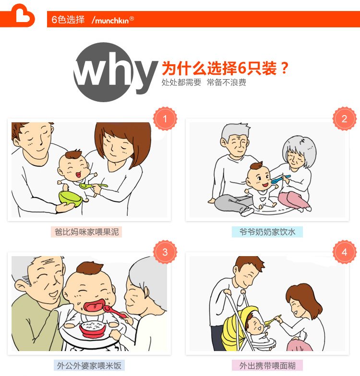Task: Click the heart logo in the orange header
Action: tap(23, 15)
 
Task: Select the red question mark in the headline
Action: tap(284, 68)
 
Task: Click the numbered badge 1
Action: tap(165, 119)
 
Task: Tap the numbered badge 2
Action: tap(345, 119)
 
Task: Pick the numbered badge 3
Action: tap(165, 252)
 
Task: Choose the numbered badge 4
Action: tap(345, 252)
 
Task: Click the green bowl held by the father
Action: tap(70, 198)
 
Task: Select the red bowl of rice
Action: tap(93, 328)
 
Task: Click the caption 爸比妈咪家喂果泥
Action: tap(86, 232)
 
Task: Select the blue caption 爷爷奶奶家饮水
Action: tap(267, 232)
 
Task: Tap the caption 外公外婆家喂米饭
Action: tap(89, 365)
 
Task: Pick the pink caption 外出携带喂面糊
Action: tap(267, 365)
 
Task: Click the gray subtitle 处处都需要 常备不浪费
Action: tap(204, 82)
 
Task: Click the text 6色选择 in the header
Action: tap(68, 20)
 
